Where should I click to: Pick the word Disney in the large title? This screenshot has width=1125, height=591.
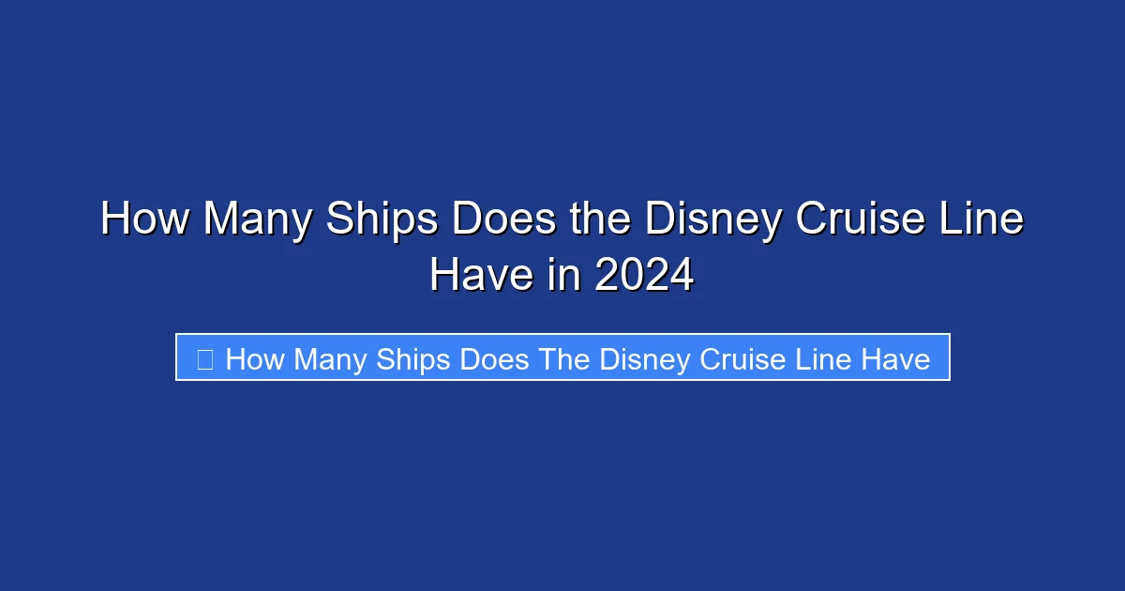[713, 220]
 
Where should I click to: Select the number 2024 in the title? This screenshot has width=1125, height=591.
[644, 276]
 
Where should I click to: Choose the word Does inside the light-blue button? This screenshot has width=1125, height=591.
[493, 359]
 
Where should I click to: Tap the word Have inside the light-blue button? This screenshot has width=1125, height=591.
[896, 359]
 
